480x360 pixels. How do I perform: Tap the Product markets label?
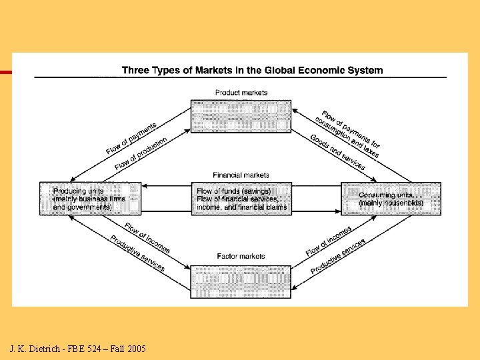tap(241, 92)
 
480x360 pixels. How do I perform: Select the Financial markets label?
tap(241, 175)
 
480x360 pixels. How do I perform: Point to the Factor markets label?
tap(241, 256)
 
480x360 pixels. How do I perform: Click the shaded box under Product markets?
tap(241, 116)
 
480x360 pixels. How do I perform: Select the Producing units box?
tap(90, 198)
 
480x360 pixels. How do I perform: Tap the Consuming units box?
tap(391, 198)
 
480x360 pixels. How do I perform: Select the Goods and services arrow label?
tap(337, 153)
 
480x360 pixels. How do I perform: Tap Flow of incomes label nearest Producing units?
tap(147, 237)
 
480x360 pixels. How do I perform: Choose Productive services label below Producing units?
tap(137, 253)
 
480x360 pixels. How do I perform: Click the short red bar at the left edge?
tap(6, 72)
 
